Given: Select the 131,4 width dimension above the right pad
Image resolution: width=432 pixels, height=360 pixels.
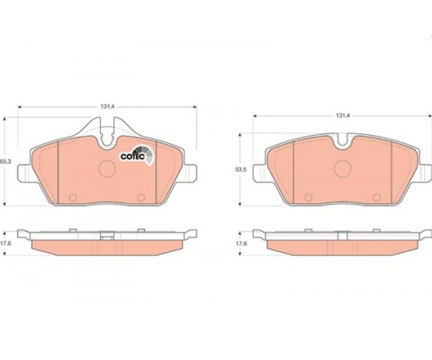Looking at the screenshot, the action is (343, 115).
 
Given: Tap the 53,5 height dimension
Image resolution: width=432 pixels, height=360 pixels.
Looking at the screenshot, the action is (241, 169).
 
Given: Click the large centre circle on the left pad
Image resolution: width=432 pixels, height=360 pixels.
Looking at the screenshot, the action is (107, 168).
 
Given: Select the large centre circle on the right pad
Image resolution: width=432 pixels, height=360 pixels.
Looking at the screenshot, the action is (343, 168).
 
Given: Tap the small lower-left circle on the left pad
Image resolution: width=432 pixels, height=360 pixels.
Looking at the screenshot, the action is (73, 197).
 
